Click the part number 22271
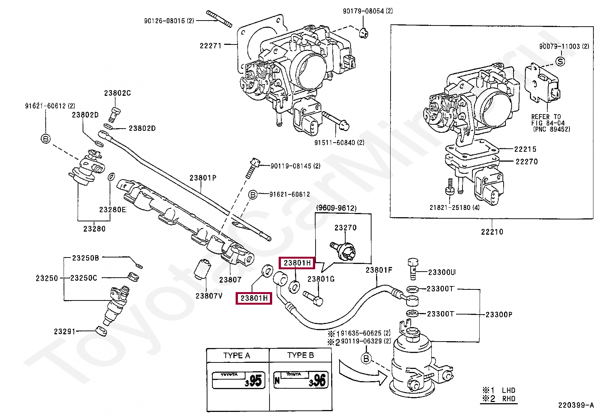point(211,46)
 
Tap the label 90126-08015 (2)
point(169,21)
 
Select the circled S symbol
point(560,61)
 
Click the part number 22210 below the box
point(492,232)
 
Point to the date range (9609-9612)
point(336,208)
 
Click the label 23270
point(346,228)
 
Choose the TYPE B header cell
point(301,355)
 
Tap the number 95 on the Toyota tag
point(255,380)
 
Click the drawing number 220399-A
point(576,405)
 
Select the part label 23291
point(65,332)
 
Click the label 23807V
point(209,296)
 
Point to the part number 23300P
point(499,315)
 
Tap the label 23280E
point(113,210)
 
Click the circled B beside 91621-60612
point(253,195)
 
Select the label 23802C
point(117,93)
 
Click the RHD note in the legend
point(509,399)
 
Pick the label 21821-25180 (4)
point(454,208)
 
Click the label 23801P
point(203,178)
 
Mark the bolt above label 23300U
point(413,269)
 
